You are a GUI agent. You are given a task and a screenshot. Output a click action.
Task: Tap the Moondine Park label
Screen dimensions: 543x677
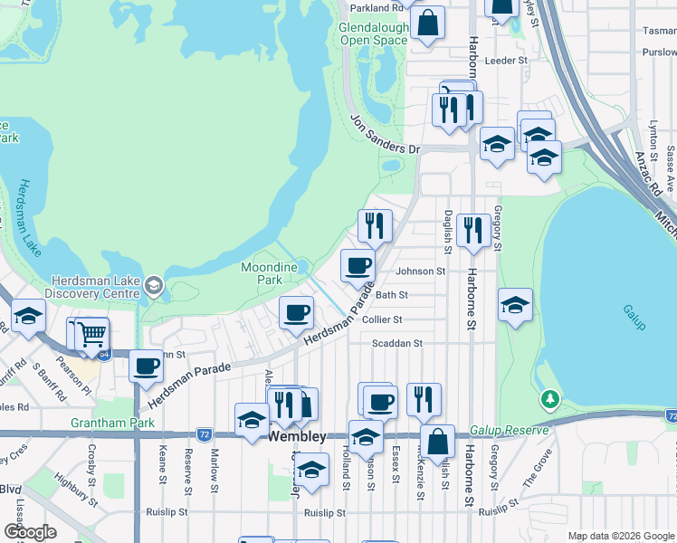[x=269, y=273]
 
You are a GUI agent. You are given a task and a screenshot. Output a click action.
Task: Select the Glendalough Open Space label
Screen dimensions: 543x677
[x=373, y=34]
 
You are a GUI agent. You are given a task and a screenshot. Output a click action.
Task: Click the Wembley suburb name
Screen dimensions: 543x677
[x=298, y=436]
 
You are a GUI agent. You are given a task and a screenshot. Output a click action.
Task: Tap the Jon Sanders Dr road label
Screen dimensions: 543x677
[x=386, y=135]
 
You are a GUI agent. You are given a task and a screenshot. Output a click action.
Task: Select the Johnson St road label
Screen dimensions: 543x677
[x=421, y=271]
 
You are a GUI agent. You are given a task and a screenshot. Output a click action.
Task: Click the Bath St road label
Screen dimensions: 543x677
[x=392, y=295]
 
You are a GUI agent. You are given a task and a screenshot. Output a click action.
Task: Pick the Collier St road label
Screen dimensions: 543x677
[x=382, y=319]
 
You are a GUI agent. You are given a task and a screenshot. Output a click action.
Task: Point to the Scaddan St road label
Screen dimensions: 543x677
[x=397, y=344]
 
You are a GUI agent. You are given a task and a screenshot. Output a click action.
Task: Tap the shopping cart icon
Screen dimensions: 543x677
[x=91, y=334]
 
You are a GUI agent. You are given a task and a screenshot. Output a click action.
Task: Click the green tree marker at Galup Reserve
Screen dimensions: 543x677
[x=549, y=399]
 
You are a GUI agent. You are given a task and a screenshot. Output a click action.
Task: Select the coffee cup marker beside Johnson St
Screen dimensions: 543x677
[x=358, y=265]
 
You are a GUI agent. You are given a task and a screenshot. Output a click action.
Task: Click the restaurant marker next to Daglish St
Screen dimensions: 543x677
[x=473, y=230]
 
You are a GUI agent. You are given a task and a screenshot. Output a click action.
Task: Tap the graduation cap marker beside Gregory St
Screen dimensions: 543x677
[x=515, y=305]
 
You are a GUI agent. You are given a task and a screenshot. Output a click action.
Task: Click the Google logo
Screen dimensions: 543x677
[x=29, y=532]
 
